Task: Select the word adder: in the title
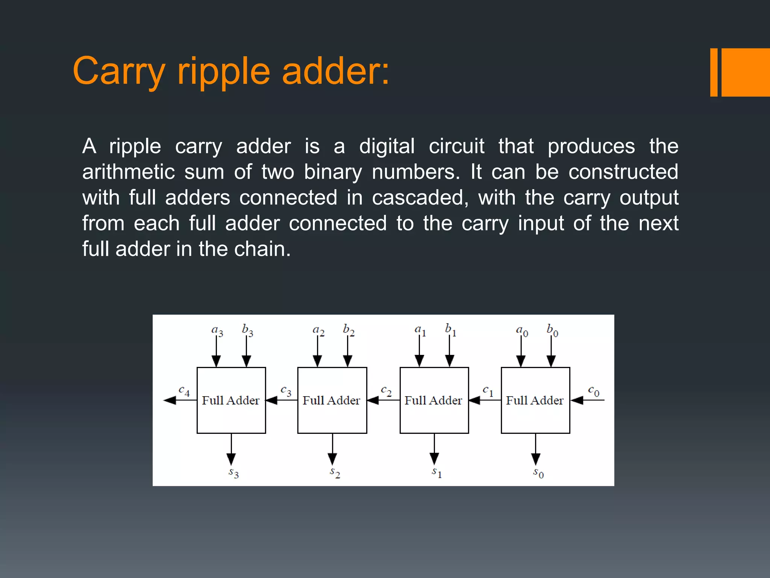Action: [335, 71]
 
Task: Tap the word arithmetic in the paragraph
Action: [129, 172]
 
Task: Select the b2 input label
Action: [349, 330]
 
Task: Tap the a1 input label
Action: [420, 330]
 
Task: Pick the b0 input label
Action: [552, 330]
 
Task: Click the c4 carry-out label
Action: [184, 391]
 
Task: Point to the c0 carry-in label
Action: [593, 391]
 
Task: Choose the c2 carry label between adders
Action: [386, 391]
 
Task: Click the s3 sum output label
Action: [233, 472]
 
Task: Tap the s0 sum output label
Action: [538, 473]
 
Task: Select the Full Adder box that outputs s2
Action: [332, 400]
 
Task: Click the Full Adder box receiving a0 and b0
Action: [535, 400]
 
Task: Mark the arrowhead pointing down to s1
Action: [434, 459]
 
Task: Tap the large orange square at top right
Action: [746, 72]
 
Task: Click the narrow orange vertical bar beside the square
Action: [714, 72]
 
